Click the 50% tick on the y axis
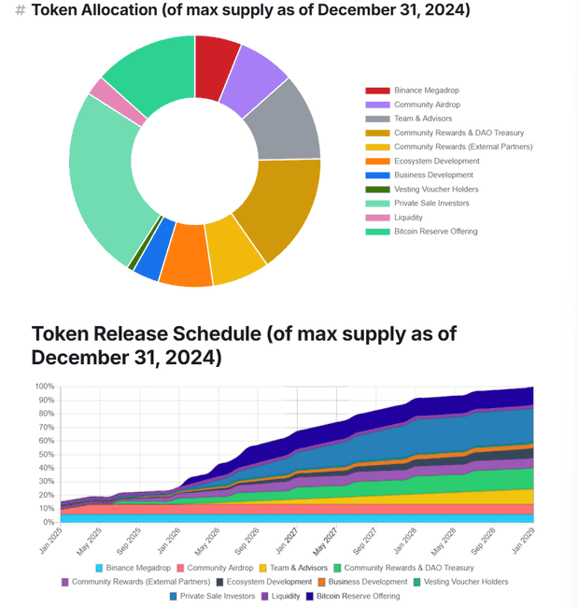click(45, 454)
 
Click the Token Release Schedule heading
click(245, 346)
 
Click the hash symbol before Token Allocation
click(21, 11)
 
